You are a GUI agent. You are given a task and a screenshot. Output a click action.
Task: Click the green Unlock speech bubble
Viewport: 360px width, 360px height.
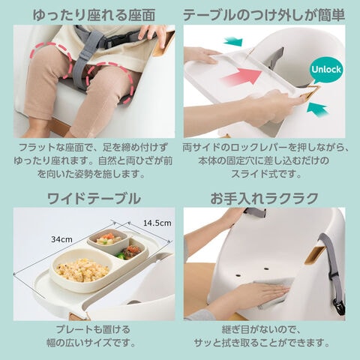point(326,70)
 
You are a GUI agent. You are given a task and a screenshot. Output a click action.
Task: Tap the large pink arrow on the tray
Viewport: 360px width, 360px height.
point(241,76)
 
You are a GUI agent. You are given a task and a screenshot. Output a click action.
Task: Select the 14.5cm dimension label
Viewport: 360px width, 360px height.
point(157,223)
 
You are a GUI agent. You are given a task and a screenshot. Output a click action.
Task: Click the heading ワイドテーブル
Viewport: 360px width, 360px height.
point(94,199)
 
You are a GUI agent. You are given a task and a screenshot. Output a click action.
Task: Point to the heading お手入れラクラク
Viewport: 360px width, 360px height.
point(264,199)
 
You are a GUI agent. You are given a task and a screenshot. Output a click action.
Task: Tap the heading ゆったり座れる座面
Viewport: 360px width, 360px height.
point(94,15)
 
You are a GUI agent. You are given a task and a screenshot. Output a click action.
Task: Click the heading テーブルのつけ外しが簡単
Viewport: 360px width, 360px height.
point(264,15)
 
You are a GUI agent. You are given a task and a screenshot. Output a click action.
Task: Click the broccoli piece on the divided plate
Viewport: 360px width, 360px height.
point(120,255)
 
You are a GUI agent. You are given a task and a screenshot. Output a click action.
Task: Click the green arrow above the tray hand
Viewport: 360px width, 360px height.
point(233,41)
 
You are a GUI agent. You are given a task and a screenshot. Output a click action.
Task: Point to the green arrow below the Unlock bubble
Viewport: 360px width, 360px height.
point(317,109)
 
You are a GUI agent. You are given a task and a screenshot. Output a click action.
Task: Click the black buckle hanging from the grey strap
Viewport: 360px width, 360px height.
point(340,307)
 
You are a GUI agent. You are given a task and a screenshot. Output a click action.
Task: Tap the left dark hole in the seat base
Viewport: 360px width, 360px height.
point(238,274)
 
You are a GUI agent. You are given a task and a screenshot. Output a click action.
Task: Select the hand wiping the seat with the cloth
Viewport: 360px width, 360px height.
point(260,292)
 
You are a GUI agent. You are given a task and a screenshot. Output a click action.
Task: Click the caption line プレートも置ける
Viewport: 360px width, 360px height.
point(93,329)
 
